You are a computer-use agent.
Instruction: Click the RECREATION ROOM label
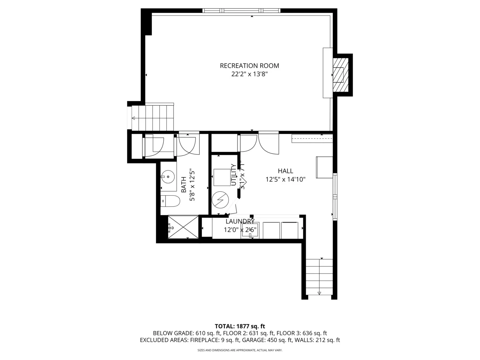click(249, 66)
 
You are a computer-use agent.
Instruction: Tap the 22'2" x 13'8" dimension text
click(249, 74)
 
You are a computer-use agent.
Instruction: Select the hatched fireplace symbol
click(340, 75)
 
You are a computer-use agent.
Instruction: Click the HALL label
click(285, 171)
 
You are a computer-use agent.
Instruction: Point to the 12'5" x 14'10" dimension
click(285, 180)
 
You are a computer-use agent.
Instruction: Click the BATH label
click(184, 185)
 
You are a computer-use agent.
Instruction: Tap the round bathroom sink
click(168, 176)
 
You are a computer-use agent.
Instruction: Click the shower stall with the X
click(183, 227)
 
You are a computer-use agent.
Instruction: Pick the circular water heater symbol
click(220, 200)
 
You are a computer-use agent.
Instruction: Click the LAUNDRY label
click(240, 221)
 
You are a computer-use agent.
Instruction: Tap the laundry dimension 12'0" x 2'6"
click(240, 230)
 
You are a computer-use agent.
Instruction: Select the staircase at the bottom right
click(319, 277)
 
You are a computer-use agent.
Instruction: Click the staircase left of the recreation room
click(153, 118)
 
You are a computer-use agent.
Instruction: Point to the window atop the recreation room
click(241, 11)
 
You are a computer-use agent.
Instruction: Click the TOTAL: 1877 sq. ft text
click(240, 326)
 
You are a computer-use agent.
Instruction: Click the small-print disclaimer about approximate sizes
click(240, 350)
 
